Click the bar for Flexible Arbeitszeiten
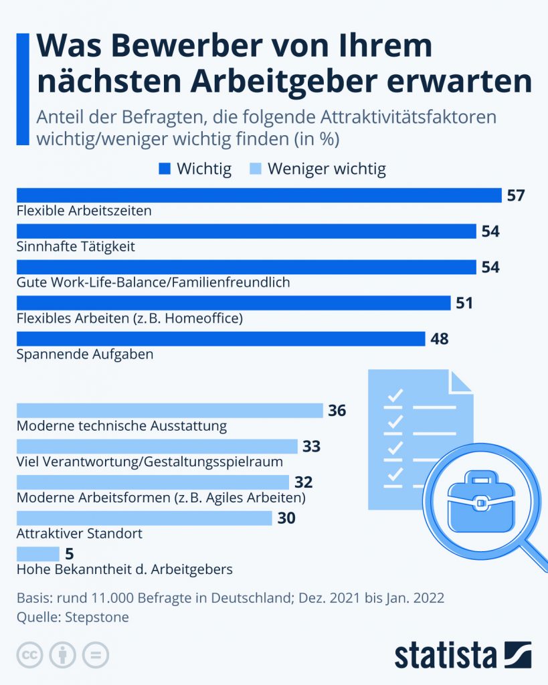point(258,195)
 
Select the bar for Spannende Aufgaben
point(220,338)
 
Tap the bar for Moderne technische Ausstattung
point(169,410)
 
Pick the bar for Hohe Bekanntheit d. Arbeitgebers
point(37,554)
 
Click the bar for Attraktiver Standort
point(144,518)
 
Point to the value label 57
point(516,196)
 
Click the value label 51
point(464,303)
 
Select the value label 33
point(311,446)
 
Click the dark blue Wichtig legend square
point(165,169)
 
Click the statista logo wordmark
point(445,655)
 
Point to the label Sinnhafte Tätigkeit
point(75,246)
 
